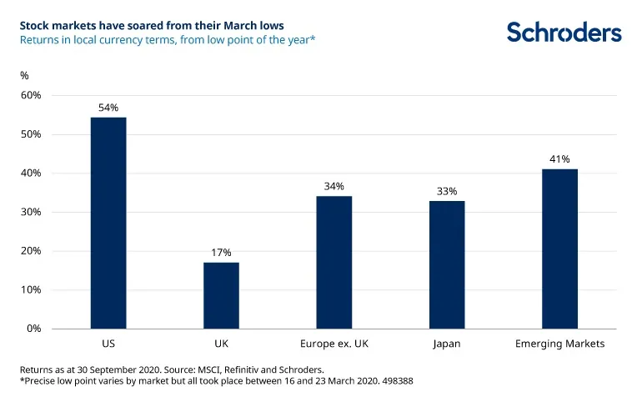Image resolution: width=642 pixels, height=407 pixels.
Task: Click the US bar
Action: [108, 223]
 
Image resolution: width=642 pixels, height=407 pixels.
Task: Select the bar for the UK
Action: [221, 295]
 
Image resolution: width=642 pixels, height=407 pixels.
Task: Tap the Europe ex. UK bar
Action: [334, 262]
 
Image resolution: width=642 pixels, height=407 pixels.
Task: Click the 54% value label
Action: [108, 108]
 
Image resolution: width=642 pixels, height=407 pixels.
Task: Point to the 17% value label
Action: [221, 253]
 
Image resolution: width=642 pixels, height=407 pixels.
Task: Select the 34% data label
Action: [334, 186]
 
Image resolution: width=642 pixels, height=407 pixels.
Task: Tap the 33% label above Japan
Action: [447, 191]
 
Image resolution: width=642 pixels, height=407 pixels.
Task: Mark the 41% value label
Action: [559, 159]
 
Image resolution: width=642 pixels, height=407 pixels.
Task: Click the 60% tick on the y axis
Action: [31, 95]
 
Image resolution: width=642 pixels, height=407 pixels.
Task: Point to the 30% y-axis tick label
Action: [31, 212]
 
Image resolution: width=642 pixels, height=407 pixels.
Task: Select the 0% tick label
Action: [33, 329]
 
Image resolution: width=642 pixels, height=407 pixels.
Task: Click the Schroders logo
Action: [564, 33]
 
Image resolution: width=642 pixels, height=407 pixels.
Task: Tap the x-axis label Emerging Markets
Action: [559, 344]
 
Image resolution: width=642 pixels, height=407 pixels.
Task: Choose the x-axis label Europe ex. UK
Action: [334, 344]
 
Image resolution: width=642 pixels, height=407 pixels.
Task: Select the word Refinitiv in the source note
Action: [233, 368]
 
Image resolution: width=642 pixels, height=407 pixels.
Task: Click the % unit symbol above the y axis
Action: [24, 75]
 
